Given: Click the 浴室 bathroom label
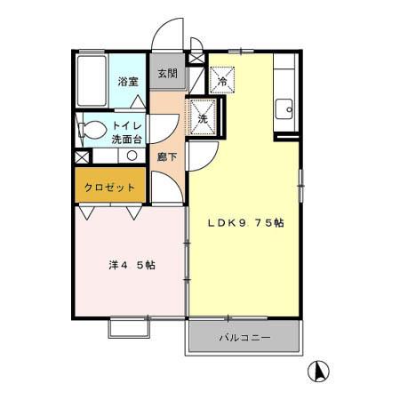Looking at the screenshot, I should (128, 82).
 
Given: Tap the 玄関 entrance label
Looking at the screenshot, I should (167, 74).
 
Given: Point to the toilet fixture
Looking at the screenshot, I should (88, 131).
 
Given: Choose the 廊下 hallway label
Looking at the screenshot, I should (165, 157).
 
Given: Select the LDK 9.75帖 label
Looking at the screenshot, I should (245, 223).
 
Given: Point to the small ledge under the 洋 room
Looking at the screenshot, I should (128, 326).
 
